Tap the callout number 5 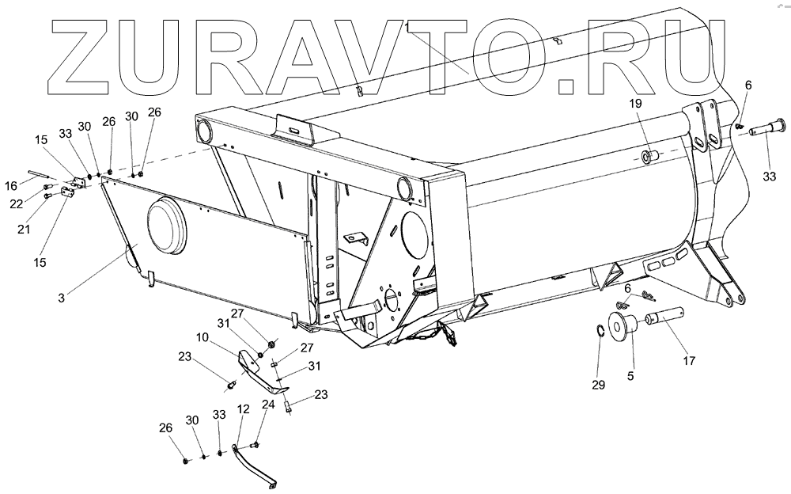click(x=630, y=376)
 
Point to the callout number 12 click(x=243, y=410)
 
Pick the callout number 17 click(x=690, y=361)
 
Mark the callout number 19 click(x=637, y=103)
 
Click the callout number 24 click(x=268, y=405)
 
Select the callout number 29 click(x=598, y=386)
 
